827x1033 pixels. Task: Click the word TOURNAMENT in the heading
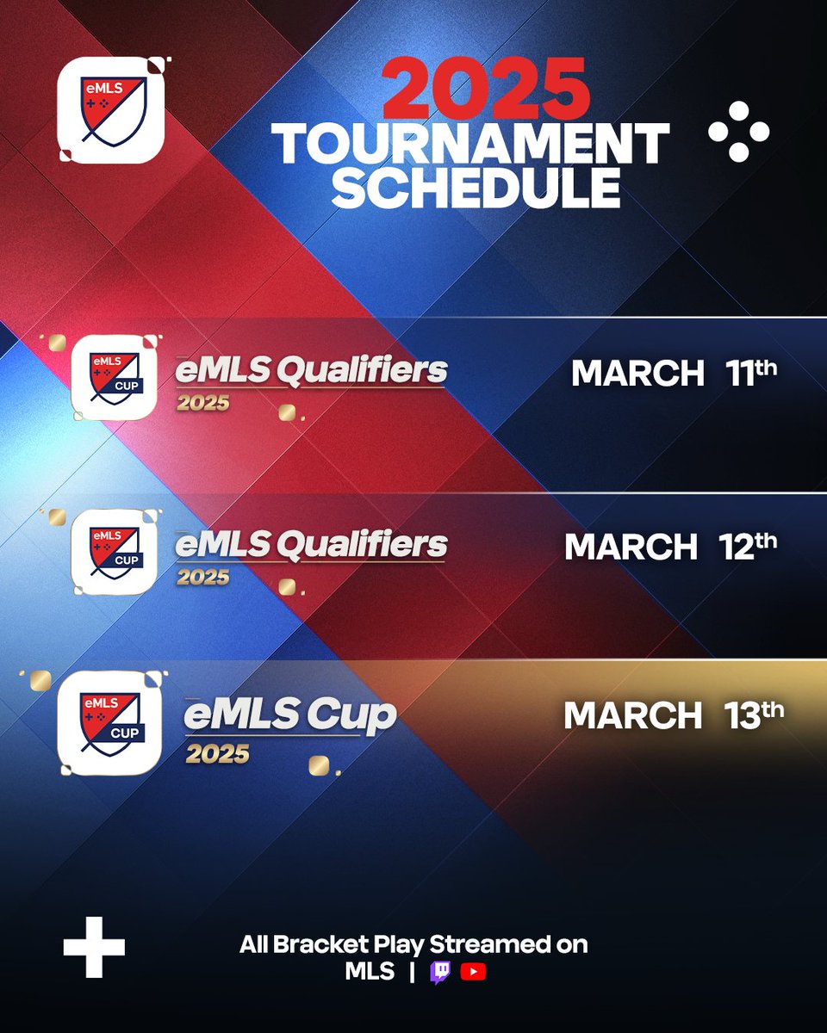click(471, 145)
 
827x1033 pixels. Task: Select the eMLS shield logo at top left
click(110, 110)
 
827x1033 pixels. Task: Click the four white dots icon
click(738, 132)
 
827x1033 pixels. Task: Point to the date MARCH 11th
click(674, 374)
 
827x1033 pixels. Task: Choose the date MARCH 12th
click(670, 547)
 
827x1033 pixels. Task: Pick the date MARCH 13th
click(674, 716)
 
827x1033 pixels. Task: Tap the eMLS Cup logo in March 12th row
click(114, 551)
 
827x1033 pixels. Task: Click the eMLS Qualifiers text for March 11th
click(311, 371)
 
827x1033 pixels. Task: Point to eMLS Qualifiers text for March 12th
click(311, 545)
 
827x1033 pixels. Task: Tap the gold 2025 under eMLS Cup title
click(218, 755)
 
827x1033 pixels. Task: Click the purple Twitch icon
click(440, 972)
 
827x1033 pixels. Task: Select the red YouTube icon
click(473, 972)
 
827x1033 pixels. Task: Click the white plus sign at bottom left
click(94, 946)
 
